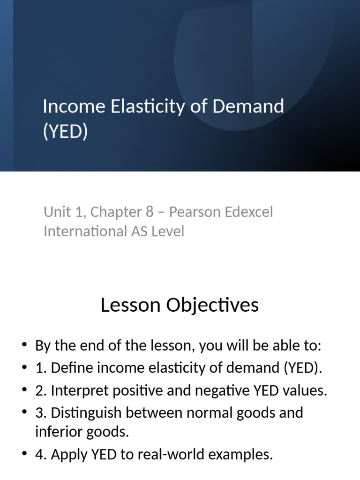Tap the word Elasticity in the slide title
pos(139,107)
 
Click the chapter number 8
pos(149,212)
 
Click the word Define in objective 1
pos(68,368)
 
